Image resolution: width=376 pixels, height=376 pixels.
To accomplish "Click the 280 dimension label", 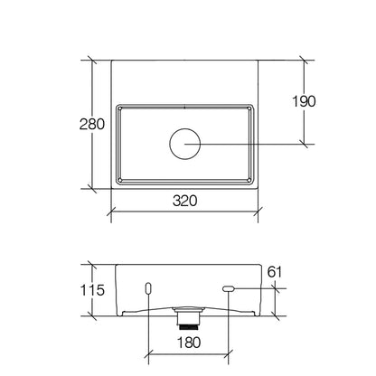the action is [92, 124].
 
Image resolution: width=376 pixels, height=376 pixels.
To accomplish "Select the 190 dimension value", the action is [304, 101].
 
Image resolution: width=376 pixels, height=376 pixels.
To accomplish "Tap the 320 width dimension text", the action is [185, 201].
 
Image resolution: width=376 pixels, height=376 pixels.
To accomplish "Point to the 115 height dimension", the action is [92, 290].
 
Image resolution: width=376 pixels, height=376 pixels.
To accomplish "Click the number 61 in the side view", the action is [275, 272].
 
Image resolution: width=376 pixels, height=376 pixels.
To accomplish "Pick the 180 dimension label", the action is [189, 343].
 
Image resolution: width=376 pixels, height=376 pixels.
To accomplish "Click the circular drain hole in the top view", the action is [185, 144].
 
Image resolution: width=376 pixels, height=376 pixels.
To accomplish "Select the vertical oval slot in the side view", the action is [148, 288].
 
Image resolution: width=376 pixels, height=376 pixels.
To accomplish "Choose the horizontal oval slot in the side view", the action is [229, 288].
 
